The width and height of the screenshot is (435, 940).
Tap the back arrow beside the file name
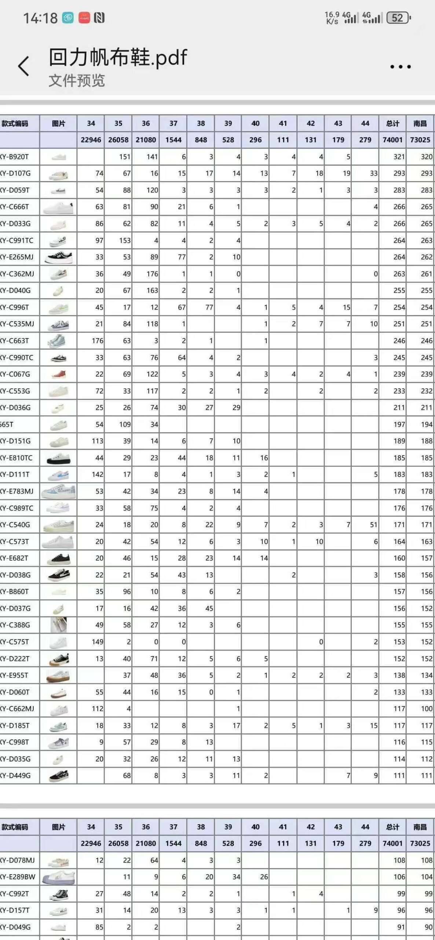[23, 66]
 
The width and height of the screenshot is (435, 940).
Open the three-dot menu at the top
[400, 66]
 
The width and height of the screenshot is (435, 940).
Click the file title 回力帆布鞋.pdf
[118, 58]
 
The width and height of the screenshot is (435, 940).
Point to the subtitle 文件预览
[77, 80]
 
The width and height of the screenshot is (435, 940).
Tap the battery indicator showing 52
[398, 18]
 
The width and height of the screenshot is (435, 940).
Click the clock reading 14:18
[40, 18]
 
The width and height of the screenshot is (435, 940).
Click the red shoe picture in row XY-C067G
[58, 374]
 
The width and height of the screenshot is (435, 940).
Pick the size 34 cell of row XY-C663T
[91, 341]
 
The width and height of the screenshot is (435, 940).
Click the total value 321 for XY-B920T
[393, 157]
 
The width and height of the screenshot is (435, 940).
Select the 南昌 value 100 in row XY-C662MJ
[420, 709]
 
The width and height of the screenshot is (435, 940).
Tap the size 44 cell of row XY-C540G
[365, 525]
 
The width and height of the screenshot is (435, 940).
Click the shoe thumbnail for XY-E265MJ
[58, 257]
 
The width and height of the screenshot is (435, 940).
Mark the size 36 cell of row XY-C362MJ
[146, 274]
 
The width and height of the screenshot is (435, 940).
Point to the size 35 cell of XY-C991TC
[118, 241]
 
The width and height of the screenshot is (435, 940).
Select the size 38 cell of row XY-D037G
[201, 608]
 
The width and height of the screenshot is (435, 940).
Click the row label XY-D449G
[15, 775]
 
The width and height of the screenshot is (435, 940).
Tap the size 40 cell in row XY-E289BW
[256, 877]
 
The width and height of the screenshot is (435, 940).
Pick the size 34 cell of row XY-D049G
[91, 927]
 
